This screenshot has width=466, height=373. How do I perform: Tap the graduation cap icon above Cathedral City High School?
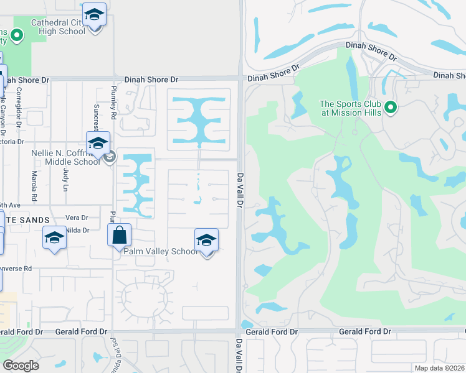click(94, 14)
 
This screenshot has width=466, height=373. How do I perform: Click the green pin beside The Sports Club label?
click(391, 108)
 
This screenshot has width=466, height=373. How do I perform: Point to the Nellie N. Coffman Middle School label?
click(65, 157)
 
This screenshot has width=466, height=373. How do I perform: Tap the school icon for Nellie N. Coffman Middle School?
click(98, 144)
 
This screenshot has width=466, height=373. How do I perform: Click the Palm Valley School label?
click(160, 251)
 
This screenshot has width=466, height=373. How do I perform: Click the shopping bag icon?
click(119, 236)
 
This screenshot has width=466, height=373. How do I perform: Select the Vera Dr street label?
click(76, 218)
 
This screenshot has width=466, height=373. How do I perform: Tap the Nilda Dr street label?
click(78, 230)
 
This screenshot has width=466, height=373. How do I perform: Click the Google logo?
click(21, 366)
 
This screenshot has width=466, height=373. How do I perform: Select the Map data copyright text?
click(438, 368)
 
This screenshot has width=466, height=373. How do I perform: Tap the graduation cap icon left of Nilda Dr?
click(54, 238)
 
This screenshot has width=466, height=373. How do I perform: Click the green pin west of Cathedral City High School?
click(17, 35)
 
